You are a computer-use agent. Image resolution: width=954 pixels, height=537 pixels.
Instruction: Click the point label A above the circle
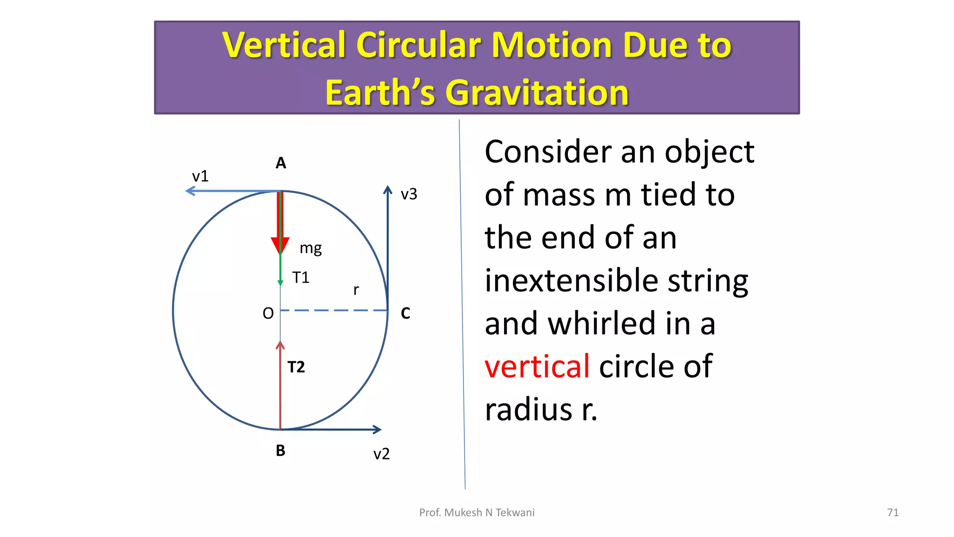(280, 163)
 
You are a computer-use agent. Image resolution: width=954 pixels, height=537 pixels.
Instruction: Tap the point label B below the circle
(280, 451)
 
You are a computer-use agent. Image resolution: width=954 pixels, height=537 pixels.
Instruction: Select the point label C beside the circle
(405, 313)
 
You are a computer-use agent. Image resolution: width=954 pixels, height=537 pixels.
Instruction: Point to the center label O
(268, 313)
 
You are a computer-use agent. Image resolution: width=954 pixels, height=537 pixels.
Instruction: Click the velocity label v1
(200, 176)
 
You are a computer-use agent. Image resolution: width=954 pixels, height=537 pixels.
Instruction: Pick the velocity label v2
(381, 454)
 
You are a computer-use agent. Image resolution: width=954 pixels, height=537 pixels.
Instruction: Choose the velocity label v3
(409, 194)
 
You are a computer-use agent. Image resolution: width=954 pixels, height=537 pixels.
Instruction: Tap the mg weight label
(311, 248)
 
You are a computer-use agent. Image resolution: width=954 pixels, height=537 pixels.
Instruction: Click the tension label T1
(300, 278)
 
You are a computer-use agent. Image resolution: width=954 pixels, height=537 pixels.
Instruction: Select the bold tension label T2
(296, 367)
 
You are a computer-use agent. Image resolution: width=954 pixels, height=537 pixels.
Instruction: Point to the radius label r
(356, 290)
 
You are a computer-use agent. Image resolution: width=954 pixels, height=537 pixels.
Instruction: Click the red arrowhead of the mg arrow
(280, 245)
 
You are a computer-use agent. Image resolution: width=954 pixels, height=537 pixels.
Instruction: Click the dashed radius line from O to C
(334, 310)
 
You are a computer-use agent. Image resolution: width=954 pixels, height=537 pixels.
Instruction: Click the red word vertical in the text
(537, 366)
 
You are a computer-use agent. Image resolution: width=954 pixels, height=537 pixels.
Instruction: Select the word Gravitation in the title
(537, 93)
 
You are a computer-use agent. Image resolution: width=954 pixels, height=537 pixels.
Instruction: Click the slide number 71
(893, 512)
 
